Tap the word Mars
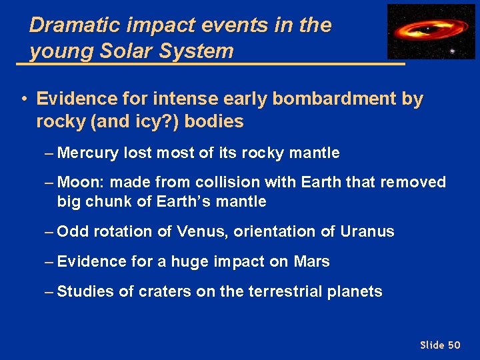pos(311,261)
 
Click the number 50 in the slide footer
pos(454,345)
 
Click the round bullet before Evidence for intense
pos(23,100)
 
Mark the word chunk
pos(105,201)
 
